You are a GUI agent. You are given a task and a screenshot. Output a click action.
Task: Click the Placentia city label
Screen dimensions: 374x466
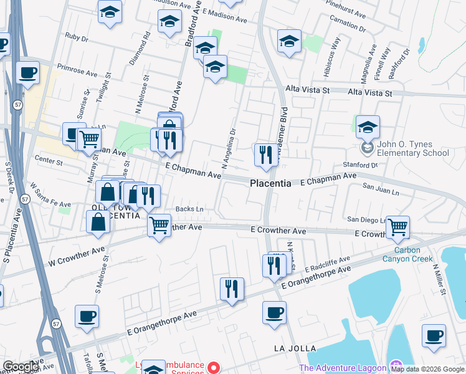[x=270, y=184]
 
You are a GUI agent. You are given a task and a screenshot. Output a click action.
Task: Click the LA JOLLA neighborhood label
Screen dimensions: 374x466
[x=295, y=348]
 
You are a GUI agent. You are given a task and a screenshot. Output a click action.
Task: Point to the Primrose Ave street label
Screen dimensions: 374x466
[x=78, y=67]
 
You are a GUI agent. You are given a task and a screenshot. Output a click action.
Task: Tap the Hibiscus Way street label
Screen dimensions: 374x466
[x=331, y=57]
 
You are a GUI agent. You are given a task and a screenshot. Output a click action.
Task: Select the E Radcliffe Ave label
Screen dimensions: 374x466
[x=328, y=263]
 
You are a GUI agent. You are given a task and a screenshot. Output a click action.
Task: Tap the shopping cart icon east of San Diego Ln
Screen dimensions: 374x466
[x=397, y=228]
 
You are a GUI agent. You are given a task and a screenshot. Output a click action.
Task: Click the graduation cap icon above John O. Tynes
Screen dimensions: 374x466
[x=368, y=127]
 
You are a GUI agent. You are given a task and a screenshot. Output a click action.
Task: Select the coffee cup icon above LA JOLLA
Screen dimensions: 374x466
[x=273, y=311]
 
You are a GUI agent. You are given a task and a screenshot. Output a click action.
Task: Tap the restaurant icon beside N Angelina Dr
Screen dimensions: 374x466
[x=266, y=154]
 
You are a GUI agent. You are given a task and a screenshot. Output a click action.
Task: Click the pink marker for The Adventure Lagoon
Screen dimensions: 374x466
[x=394, y=365]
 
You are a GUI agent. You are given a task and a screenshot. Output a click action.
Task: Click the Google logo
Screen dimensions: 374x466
[x=20, y=367]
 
